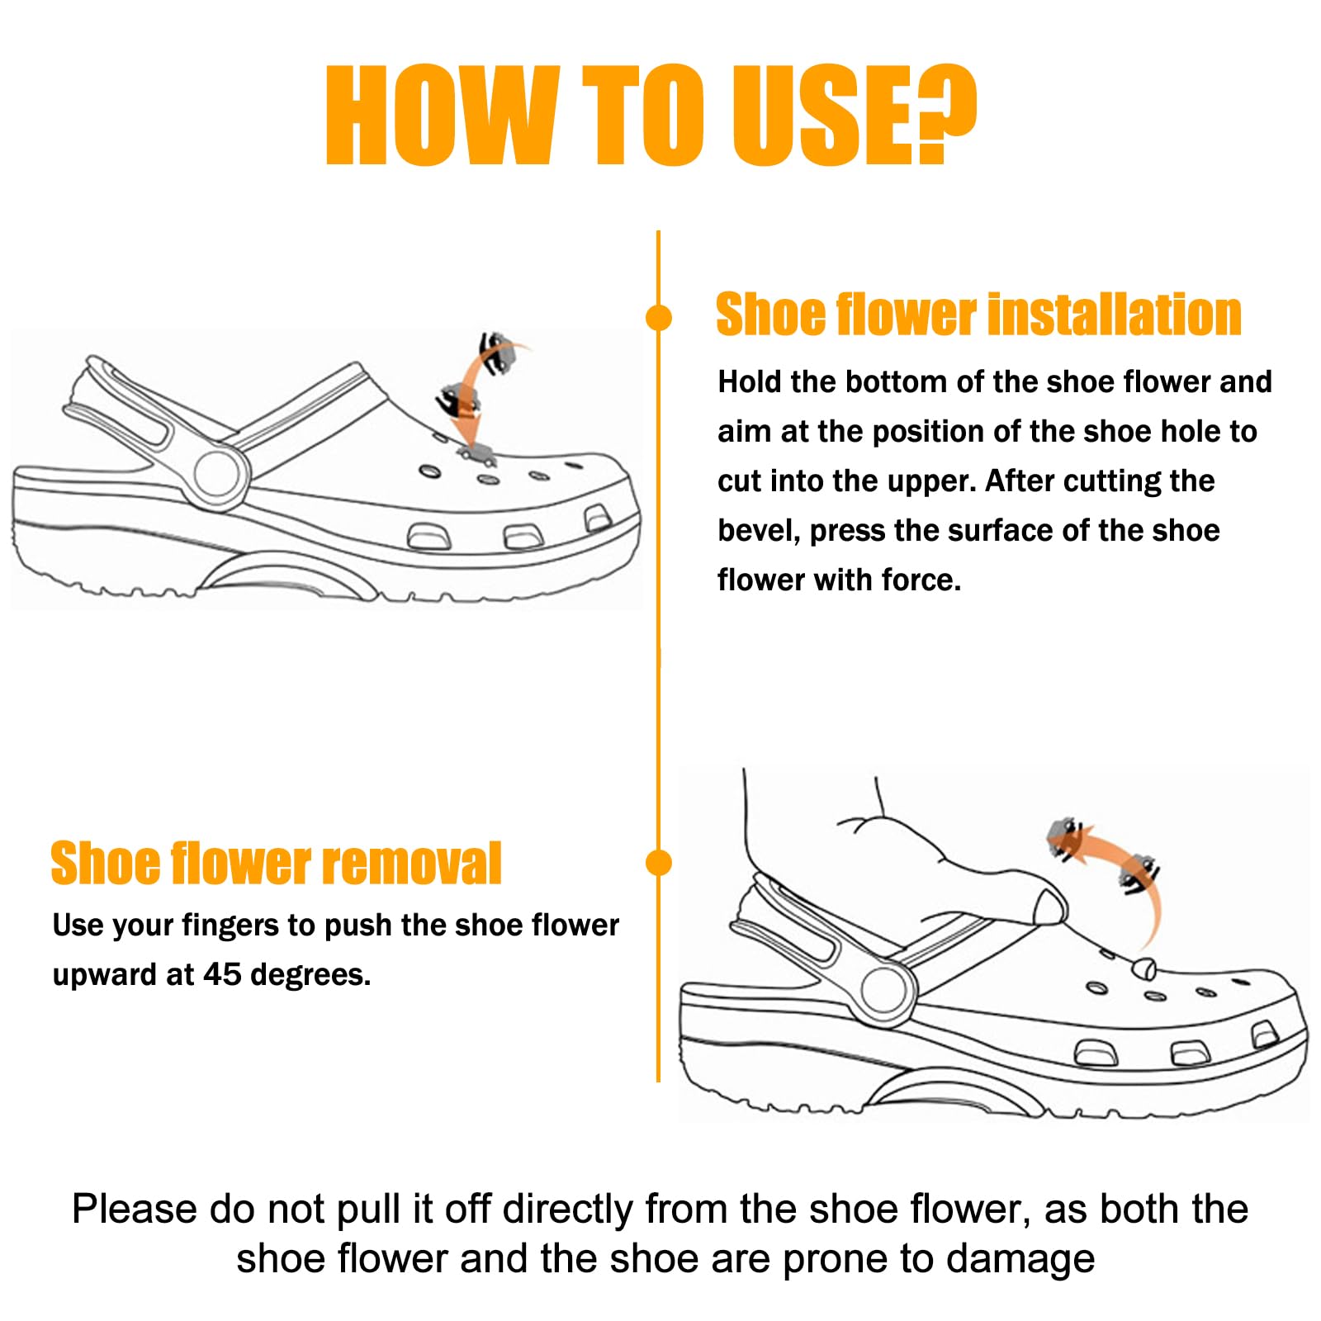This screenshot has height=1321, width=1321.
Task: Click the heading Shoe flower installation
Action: (x=978, y=315)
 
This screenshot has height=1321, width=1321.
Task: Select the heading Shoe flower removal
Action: (x=276, y=864)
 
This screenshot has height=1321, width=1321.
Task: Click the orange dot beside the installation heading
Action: (x=658, y=317)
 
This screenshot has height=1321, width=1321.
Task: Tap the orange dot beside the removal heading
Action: (x=658, y=863)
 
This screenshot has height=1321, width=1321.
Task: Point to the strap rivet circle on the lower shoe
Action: (x=888, y=988)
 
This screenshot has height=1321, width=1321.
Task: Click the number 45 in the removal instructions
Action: (x=222, y=974)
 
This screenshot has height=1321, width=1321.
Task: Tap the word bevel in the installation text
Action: (x=759, y=530)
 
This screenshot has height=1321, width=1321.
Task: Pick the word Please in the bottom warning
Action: (x=135, y=1210)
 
